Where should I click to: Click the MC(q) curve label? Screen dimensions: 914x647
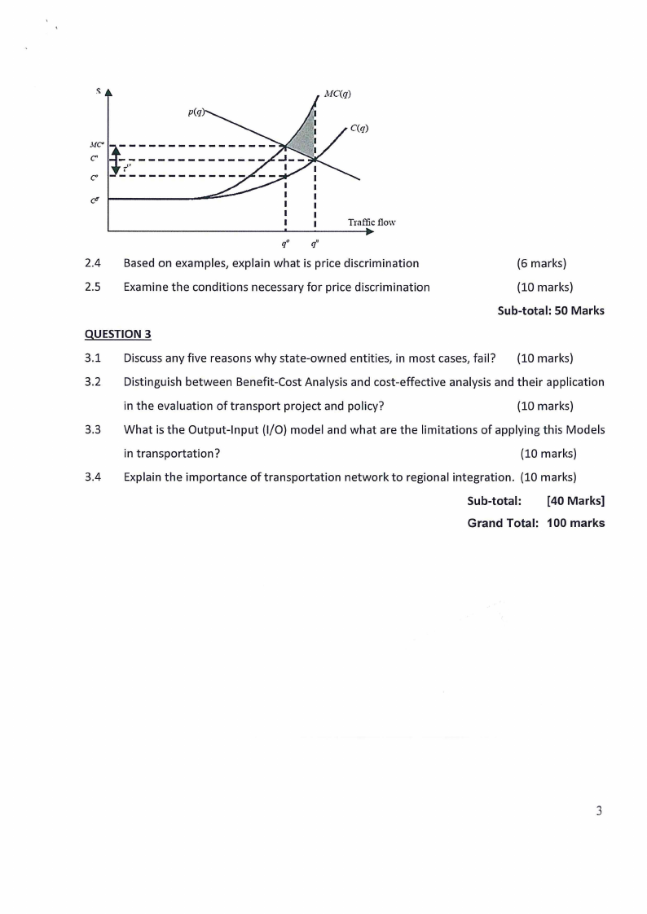[337, 94]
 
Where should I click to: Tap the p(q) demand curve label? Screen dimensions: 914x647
[196, 109]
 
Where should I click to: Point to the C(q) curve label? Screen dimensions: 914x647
[359, 128]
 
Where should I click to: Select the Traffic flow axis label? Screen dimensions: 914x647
[371, 222]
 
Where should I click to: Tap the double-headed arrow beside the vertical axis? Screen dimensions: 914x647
[116, 159]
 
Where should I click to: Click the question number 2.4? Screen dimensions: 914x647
[92, 263]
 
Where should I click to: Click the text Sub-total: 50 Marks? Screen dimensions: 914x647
[550, 310]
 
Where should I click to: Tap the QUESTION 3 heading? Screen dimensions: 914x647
[117, 334]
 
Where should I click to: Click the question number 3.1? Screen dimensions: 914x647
[92, 358]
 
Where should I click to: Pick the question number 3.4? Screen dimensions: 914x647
[92, 477]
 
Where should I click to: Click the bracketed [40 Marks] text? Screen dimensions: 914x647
[575, 500]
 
